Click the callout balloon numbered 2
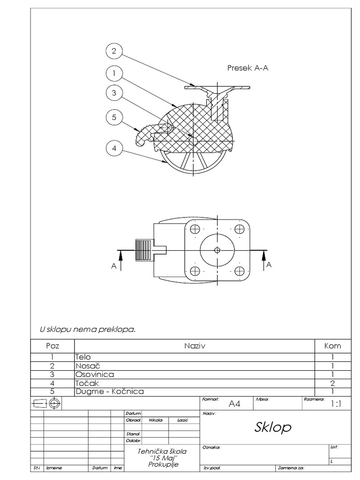[x=114, y=51]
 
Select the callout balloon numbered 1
[x=114, y=73]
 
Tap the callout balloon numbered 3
[x=114, y=93]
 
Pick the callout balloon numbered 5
[x=114, y=118]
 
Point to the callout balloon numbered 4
[x=114, y=149]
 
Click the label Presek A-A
[x=247, y=68]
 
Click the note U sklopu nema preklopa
[x=88, y=329]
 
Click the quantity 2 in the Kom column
[x=332, y=382]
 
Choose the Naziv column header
[x=195, y=346]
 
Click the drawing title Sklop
[x=273, y=427]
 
